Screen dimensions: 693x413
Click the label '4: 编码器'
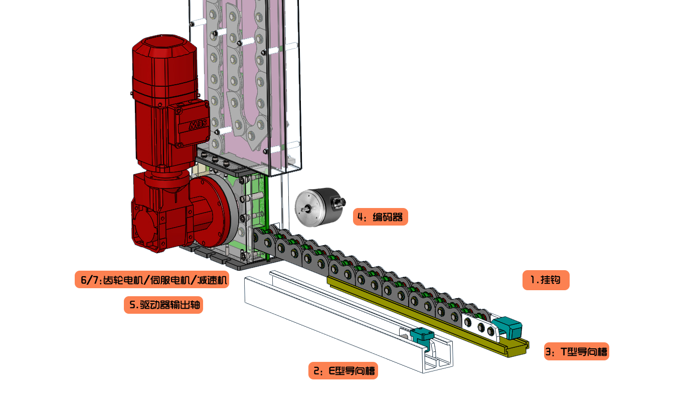point(380,217)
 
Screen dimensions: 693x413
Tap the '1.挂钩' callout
point(546,280)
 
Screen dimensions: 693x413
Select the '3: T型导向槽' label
point(576,351)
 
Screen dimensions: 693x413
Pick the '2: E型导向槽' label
point(343,371)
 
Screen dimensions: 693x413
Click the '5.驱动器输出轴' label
point(163,305)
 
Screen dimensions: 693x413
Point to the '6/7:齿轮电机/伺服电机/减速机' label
point(152,280)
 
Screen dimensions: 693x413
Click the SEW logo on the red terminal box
point(198,124)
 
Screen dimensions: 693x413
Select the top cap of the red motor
point(164,47)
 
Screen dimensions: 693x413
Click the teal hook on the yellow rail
point(507,328)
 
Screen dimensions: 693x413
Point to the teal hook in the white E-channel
point(422,338)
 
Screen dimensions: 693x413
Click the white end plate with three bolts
point(479,326)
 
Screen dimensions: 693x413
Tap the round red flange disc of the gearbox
point(214,210)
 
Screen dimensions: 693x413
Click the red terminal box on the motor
point(189,123)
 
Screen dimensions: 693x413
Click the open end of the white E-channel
point(438,358)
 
